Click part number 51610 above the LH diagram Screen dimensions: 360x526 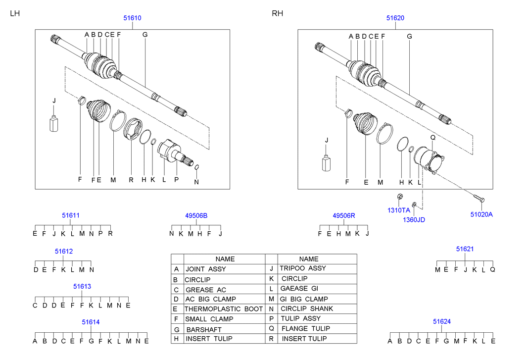(x=133, y=18)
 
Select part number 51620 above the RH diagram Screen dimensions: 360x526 (x=395, y=18)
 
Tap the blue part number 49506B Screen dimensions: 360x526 (x=196, y=215)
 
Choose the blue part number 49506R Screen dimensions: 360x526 (x=344, y=215)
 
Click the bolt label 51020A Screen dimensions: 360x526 (x=481, y=214)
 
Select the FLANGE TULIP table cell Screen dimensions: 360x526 (x=305, y=328)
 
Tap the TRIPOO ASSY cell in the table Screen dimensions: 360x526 (x=303, y=268)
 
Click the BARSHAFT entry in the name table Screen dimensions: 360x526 (x=203, y=329)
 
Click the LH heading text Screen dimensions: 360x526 (x=15, y=13)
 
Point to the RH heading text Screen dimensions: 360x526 (x=277, y=13)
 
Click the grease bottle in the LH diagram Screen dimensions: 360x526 (x=54, y=123)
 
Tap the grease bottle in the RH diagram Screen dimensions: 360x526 (x=326, y=163)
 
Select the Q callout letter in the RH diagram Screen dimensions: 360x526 (x=432, y=137)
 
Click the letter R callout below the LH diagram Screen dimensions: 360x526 (x=131, y=180)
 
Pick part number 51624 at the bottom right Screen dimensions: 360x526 (x=441, y=321)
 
